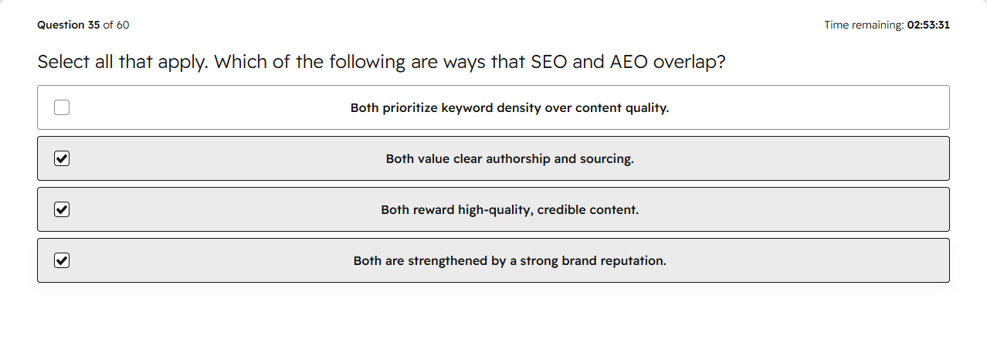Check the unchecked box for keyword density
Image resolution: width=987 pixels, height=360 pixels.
click(x=62, y=107)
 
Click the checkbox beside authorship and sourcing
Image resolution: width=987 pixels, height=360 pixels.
click(x=62, y=158)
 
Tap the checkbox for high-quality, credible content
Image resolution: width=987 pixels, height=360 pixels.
click(x=62, y=209)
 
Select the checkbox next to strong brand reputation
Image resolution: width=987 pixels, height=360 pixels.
click(x=62, y=260)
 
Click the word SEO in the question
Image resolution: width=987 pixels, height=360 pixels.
click(x=548, y=62)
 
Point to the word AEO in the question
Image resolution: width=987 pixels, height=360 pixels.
click(x=629, y=62)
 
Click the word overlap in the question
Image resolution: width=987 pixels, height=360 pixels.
click(x=689, y=62)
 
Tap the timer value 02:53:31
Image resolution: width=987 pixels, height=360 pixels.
click(x=928, y=25)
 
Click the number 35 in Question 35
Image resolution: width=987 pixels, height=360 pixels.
click(x=94, y=25)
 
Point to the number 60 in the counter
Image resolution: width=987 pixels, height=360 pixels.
click(x=123, y=25)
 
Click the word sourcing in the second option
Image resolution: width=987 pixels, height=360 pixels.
click(x=607, y=159)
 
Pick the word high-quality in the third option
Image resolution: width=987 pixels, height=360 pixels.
click(x=496, y=210)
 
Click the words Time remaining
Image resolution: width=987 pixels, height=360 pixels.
click(x=864, y=25)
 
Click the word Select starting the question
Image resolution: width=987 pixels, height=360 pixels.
click(x=63, y=62)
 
